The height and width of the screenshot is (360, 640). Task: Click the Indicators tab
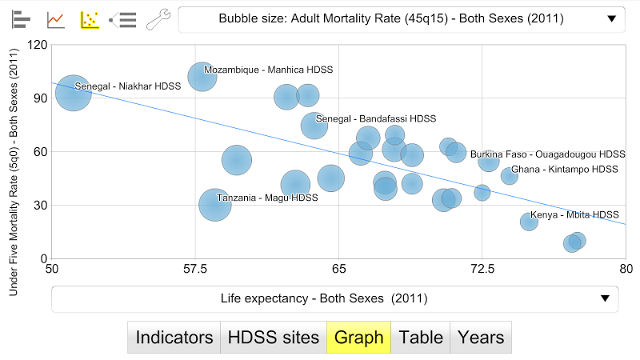click(174, 338)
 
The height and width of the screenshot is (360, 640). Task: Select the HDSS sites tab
click(273, 338)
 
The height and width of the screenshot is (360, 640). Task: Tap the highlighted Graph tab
click(358, 338)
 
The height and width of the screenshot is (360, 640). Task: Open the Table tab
click(421, 338)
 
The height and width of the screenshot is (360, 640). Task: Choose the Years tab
click(481, 338)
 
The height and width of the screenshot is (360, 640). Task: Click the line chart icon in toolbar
click(56, 19)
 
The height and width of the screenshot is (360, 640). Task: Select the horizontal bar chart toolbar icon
click(22, 19)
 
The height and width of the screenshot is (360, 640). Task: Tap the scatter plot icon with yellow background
click(90, 19)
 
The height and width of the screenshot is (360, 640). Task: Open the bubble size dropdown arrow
click(612, 19)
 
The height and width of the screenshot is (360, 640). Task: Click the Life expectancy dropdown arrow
click(605, 299)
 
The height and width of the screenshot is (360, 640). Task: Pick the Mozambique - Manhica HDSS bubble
click(202, 78)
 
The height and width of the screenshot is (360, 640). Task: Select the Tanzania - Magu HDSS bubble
click(214, 205)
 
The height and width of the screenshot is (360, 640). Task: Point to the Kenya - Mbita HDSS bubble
click(529, 221)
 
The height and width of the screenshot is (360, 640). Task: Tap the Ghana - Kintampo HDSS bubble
click(509, 175)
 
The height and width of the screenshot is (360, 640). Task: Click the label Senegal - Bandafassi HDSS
click(376, 119)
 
